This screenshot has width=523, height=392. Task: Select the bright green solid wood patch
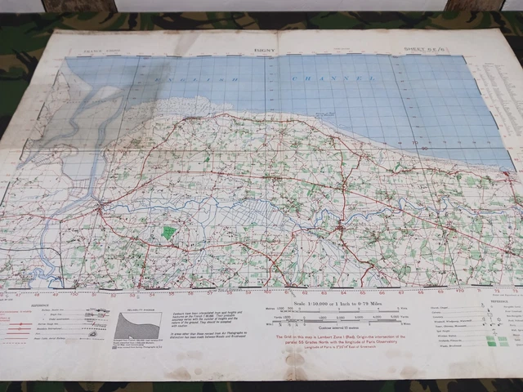[x=169, y=232]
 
